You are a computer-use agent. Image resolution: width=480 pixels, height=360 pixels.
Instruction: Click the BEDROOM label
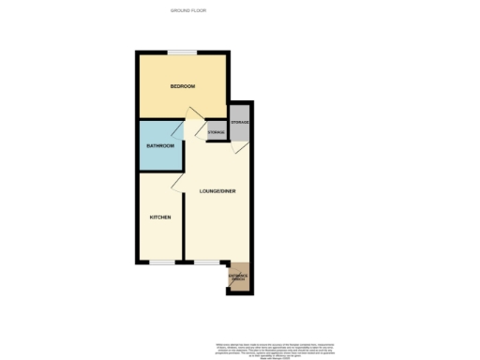point(182,87)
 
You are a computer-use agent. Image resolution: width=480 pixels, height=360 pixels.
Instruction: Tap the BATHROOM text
point(160,145)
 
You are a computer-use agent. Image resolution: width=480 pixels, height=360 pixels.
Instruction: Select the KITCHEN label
point(160,217)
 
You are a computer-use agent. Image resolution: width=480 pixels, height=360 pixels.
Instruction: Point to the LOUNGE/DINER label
point(217,191)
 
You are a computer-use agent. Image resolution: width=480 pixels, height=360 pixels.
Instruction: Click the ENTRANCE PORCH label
point(238,276)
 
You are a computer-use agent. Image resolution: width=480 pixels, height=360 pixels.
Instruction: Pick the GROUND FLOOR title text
point(188,10)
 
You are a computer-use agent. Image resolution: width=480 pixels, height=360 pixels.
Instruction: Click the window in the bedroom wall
point(182,52)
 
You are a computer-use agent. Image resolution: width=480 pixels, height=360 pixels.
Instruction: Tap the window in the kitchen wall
point(162,262)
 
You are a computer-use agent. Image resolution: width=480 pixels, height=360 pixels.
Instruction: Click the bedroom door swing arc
point(193,115)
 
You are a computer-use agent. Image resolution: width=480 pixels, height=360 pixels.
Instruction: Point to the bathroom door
point(179,132)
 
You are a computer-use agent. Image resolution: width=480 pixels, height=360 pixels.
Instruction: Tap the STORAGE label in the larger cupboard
point(240,122)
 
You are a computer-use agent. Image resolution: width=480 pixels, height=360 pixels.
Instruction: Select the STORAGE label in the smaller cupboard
point(217,132)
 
